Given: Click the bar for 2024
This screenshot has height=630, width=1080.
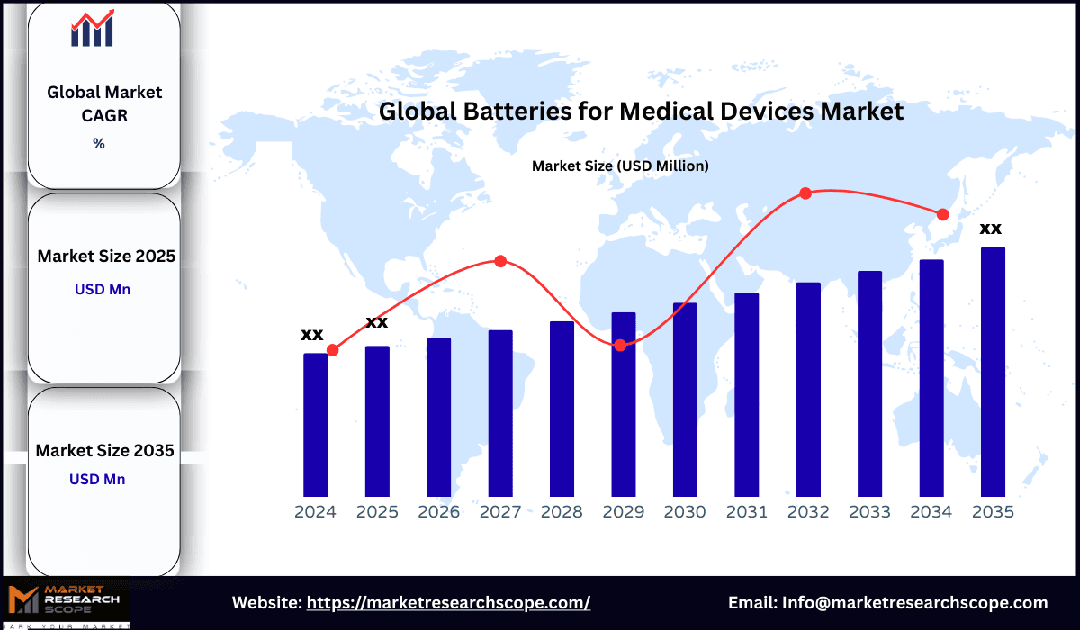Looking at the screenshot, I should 315,424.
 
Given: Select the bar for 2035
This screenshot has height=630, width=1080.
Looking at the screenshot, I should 993,372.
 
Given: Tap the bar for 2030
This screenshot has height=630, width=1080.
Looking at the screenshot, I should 685,400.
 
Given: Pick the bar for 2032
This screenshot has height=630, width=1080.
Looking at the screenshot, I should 808,389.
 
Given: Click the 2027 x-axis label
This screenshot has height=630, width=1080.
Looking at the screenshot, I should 500,512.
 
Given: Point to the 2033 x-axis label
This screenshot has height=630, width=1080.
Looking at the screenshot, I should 869,512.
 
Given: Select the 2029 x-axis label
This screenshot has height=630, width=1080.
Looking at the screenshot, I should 624,512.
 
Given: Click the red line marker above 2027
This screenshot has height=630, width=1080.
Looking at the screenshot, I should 500,261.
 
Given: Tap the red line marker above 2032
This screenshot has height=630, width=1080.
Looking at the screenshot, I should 805,193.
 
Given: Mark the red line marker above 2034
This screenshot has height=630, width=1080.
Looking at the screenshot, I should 942,214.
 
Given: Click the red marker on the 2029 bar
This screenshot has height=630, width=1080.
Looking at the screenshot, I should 621,346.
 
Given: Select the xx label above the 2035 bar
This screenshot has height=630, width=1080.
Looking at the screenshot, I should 991,228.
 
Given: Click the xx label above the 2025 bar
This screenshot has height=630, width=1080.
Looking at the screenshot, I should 376,321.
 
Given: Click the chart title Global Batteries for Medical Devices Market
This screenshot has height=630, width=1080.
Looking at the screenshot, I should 641,112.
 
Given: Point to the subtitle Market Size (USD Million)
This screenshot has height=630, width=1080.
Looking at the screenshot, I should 620,166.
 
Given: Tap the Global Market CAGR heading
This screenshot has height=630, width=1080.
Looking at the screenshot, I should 104,103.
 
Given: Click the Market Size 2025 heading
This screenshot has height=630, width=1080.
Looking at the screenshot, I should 106,256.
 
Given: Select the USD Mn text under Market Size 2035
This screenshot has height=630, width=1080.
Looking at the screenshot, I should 97,479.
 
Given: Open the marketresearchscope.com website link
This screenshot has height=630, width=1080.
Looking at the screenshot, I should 448,603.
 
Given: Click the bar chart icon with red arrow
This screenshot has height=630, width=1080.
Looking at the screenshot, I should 93,29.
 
